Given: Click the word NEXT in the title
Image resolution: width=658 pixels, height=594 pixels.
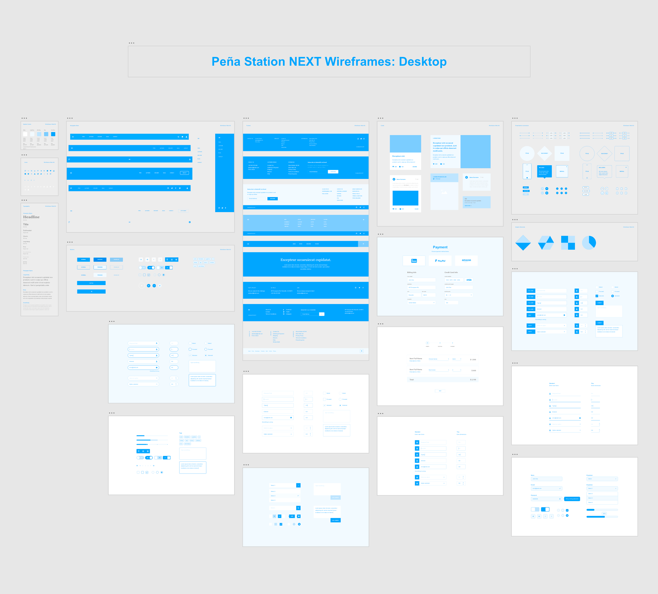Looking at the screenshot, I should (305, 62).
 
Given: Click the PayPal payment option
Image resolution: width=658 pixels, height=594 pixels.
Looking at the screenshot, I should (440, 261).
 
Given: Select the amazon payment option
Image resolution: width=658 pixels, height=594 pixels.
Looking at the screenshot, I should (466, 260).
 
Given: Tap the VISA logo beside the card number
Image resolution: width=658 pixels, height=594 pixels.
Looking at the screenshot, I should (469, 280).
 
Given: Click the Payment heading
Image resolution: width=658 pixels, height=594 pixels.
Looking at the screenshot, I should (440, 247).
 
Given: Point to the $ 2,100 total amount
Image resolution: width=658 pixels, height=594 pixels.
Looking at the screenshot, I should (473, 380).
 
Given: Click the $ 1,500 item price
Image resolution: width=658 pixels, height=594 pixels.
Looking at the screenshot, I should (473, 360).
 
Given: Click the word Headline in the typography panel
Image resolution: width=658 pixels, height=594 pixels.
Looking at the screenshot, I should (31, 217).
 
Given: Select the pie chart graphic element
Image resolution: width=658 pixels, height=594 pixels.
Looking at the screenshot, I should (589, 243).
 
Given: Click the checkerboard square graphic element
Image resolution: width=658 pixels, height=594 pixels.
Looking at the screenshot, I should (567, 243).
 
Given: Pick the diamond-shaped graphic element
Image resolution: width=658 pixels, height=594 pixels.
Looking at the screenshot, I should (523, 243).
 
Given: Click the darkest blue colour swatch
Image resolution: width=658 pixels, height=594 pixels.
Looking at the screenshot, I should (53, 134).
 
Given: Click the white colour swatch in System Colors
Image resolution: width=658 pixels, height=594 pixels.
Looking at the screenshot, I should (25, 134).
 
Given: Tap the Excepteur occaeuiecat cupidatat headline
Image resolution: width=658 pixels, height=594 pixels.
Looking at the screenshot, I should (305, 260).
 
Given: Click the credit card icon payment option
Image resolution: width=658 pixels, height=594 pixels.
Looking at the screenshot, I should (414, 260).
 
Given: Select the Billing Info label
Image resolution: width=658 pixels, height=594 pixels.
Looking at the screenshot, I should (412, 272).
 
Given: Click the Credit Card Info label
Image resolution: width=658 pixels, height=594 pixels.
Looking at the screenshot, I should (451, 272).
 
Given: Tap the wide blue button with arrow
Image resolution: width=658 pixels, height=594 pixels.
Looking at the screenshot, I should (91, 291).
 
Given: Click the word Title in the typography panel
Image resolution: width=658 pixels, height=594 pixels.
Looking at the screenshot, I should (26, 225).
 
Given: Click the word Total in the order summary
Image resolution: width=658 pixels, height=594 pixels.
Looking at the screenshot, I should (412, 380).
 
